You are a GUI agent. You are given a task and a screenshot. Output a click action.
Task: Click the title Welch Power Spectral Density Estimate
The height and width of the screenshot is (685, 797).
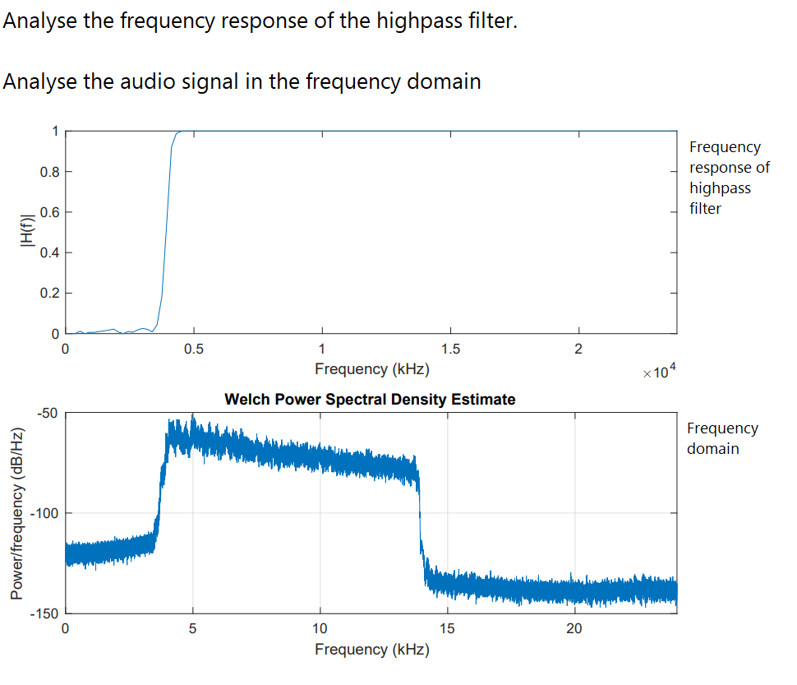click(x=370, y=400)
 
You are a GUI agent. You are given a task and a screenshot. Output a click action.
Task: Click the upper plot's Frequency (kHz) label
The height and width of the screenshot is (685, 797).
click(x=371, y=369)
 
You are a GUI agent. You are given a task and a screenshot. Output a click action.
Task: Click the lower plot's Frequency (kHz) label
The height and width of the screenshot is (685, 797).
click(x=371, y=650)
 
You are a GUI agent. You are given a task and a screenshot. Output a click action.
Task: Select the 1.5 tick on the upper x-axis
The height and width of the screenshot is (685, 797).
click(x=449, y=349)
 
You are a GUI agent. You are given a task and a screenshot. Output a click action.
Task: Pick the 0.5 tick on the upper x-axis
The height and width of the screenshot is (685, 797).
click(x=193, y=349)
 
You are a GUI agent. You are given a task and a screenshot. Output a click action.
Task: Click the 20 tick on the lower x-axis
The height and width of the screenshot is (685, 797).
click(x=574, y=629)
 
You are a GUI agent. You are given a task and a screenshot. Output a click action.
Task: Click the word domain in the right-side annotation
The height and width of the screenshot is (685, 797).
click(x=712, y=449)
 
